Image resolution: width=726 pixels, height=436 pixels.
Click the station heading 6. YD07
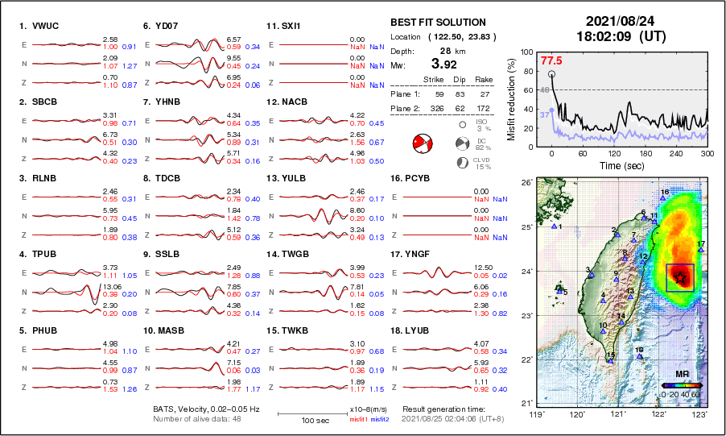pos(161,26)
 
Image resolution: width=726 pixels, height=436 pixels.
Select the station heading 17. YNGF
pos(412,254)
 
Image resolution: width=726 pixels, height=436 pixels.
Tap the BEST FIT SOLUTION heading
pos(437,23)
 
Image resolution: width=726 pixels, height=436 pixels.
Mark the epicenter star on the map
pos(681,277)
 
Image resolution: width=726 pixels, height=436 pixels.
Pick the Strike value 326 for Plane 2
pos(428,107)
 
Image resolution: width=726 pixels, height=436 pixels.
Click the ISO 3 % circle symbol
pos(463,124)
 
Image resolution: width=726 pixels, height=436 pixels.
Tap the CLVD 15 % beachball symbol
pos(463,162)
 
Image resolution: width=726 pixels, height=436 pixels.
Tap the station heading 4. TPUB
pos(37,254)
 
